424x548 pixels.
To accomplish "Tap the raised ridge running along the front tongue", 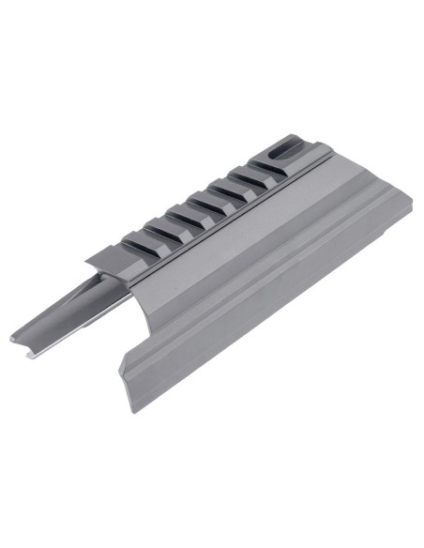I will point(70,310).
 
